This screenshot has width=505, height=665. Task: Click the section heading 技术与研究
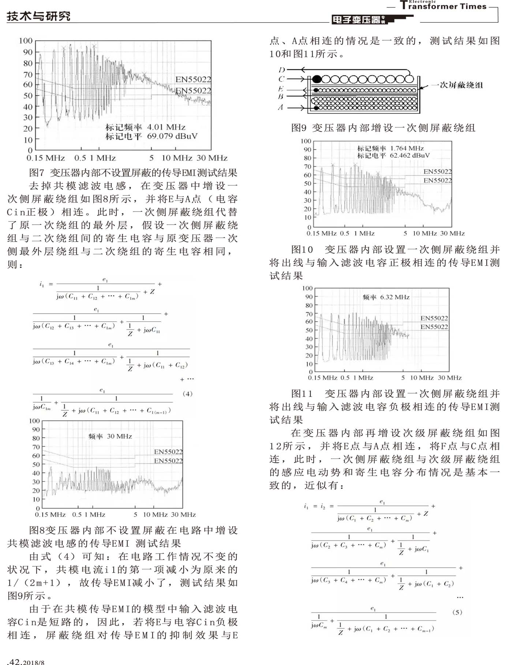tap(38, 16)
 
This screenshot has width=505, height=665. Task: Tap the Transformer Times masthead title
tap(443, 6)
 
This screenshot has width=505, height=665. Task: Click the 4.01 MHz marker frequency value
tap(166, 127)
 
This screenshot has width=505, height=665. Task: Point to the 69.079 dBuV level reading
tap(172, 136)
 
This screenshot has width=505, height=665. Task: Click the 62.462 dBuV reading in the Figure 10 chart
tap(409, 156)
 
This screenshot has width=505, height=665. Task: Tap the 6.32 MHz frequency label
tap(395, 297)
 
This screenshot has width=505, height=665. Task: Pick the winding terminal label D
tap(281, 69)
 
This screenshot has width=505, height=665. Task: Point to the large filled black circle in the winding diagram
tap(317, 79)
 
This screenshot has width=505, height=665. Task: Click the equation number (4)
tap(187, 394)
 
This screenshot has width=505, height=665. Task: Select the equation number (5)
tap(457, 612)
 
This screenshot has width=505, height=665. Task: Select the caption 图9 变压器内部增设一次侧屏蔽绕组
tap(383, 128)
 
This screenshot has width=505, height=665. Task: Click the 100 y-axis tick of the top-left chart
tap(26, 41)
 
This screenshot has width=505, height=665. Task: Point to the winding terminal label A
tap(281, 107)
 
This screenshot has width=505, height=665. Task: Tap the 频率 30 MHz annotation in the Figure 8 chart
tap(110, 436)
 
